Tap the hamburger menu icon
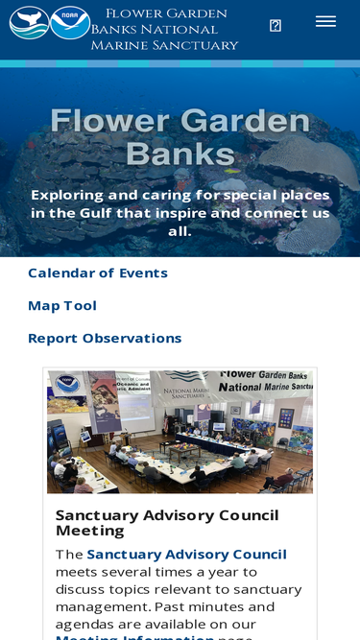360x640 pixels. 325,22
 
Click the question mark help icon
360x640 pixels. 276,26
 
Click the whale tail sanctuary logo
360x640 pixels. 29,23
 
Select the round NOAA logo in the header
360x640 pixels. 70,23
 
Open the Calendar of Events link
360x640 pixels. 98,273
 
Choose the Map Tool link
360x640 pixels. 62,305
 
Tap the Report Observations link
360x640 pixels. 105,338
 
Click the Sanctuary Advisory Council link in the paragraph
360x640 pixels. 187,555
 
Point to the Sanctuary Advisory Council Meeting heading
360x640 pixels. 167,523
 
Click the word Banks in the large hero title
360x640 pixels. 180,154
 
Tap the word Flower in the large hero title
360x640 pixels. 110,121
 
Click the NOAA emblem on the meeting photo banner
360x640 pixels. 67,384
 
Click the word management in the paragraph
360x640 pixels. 102,607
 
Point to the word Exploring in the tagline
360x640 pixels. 67,195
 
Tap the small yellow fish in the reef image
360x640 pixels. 232,171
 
